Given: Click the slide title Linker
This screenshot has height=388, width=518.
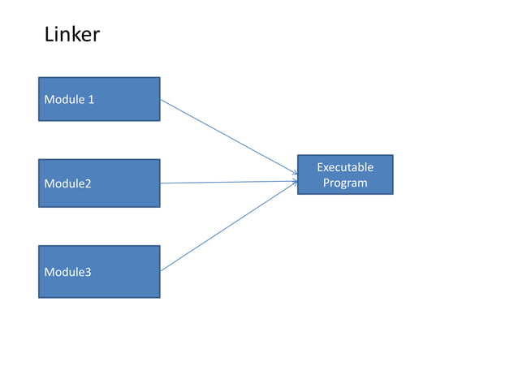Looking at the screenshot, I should pyautogui.click(x=71, y=35).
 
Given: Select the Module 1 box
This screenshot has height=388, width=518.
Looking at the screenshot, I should pyautogui.click(x=99, y=99).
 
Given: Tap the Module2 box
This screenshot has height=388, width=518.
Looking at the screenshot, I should pyautogui.click(x=99, y=183).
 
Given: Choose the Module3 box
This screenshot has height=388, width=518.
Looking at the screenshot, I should pyautogui.click(x=99, y=271).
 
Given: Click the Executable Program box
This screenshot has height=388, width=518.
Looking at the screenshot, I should pyautogui.click(x=345, y=175).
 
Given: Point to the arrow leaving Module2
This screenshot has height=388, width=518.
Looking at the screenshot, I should pyautogui.click(x=227, y=183).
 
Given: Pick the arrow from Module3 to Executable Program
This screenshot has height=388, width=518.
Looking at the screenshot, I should pyautogui.click(x=227, y=226).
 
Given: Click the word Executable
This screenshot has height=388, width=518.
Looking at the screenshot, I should pyautogui.click(x=345, y=167).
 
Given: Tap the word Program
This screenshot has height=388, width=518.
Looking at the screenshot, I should pyautogui.click(x=345, y=183).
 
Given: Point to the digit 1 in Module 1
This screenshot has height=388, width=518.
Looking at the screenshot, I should pyautogui.click(x=91, y=100).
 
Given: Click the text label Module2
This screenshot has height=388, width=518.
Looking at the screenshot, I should pyautogui.click(x=67, y=183).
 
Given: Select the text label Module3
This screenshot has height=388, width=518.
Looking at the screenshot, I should pyautogui.click(x=67, y=272).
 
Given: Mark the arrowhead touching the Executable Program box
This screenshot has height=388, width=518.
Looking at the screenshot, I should pyautogui.click(x=295, y=179).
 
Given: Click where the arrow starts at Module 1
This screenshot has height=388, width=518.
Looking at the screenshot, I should pyautogui.click(x=161, y=100).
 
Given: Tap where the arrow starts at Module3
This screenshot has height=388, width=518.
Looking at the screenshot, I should pyautogui.click(x=161, y=271).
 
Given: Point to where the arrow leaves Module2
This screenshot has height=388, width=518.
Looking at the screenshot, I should pyautogui.click(x=161, y=183).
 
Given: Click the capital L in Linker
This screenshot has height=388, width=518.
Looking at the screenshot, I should pyautogui.click(x=48, y=35).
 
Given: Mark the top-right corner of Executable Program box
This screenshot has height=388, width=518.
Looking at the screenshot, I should pyautogui.click(x=393, y=155).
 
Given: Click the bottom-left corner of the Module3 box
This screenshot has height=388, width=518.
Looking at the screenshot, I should pyautogui.click(x=39, y=297).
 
